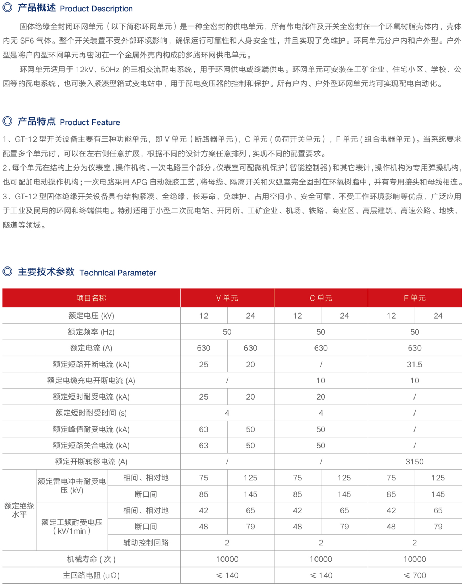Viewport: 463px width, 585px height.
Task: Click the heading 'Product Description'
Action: [96, 9]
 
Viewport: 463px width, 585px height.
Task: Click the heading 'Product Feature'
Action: [90, 122]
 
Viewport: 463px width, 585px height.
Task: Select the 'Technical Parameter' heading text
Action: [118, 273]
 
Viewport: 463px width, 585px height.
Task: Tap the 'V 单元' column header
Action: [227, 298]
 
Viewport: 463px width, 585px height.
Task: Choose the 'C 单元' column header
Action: [321, 298]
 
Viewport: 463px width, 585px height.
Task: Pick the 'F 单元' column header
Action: [415, 298]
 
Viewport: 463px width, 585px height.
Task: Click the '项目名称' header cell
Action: [91, 298]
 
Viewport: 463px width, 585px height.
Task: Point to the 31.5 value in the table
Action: [415, 365]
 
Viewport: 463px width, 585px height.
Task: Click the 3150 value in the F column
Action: [415, 462]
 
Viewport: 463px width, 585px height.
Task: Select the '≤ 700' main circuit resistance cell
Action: [415, 575]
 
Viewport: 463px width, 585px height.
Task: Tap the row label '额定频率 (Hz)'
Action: [91, 332]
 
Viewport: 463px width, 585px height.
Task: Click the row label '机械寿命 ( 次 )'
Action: [91, 559]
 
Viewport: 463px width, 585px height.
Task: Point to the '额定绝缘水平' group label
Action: [19, 510]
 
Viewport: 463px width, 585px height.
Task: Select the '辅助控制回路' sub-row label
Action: [146, 543]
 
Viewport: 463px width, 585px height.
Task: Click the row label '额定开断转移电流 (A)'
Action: [91, 462]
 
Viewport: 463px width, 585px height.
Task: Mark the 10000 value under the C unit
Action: [321, 559]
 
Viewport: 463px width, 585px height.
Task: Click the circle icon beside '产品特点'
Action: [7, 121]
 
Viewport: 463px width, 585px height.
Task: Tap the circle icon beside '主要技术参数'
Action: [7, 271]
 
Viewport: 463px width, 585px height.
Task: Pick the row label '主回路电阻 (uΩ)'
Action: [91, 575]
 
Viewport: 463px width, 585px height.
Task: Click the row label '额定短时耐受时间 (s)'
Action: [91, 413]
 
